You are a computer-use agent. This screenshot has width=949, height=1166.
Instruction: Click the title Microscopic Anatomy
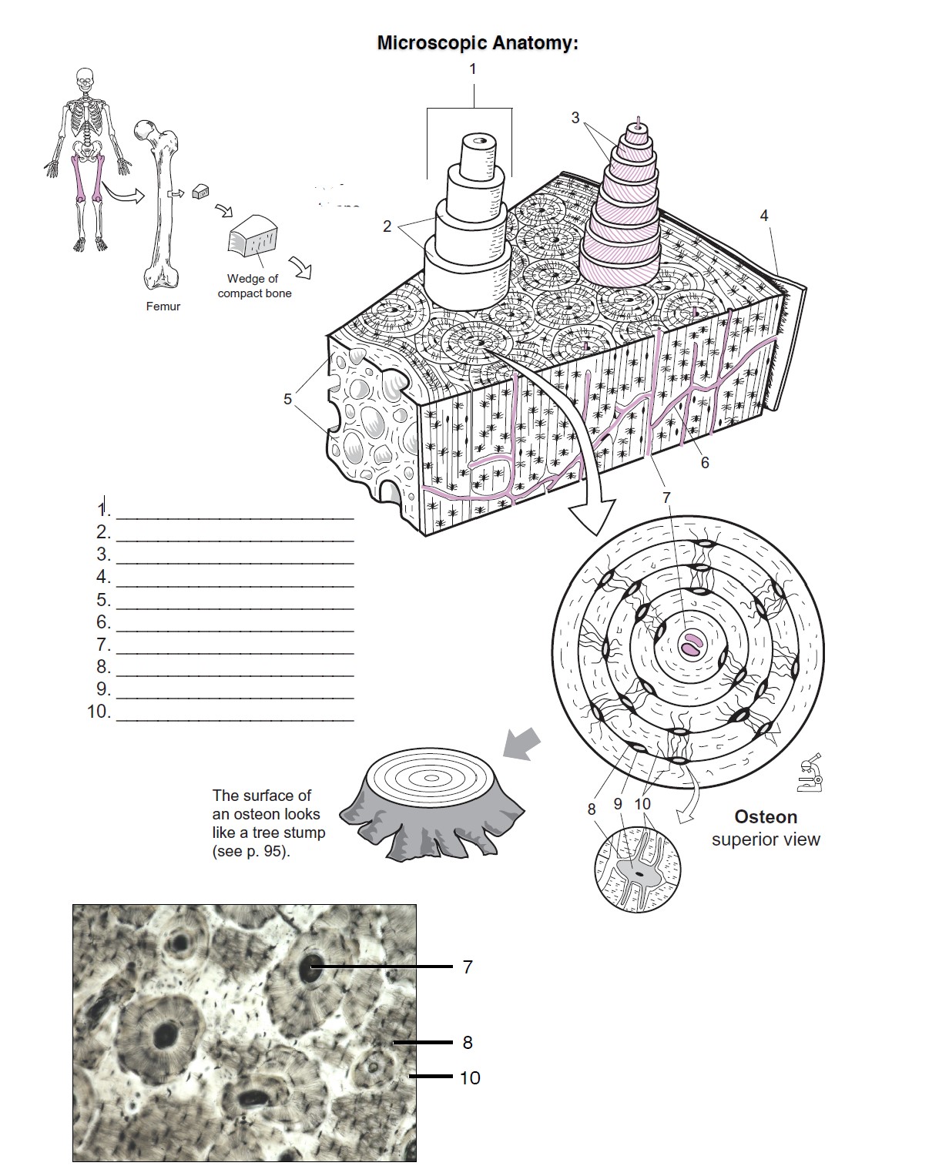(x=477, y=43)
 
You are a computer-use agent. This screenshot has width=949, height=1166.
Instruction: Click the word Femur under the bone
(x=163, y=307)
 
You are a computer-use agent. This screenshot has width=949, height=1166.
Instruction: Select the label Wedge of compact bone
(x=254, y=286)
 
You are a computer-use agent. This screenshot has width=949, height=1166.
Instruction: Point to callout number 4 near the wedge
(x=764, y=216)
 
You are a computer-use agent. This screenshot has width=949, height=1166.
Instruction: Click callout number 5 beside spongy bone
(x=287, y=399)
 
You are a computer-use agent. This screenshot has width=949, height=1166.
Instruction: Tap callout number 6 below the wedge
(x=704, y=463)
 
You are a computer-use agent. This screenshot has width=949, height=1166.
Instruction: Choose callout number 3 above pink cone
(x=575, y=118)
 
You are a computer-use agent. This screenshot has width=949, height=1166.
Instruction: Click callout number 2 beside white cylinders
(x=387, y=226)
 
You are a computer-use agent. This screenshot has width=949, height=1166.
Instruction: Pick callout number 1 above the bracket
(x=473, y=69)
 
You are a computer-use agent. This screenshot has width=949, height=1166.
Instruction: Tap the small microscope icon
(x=810, y=773)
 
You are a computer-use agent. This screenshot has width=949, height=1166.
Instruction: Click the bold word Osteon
(x=766, y=817)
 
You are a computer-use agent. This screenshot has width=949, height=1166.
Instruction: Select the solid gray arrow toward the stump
(x=521, y=745)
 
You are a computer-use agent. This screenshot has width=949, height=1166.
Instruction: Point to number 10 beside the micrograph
(x=470, y=1078)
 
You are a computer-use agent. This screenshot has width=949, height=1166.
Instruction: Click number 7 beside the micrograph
(x=468, y=967)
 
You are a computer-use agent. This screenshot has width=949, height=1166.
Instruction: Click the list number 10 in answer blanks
(x=99, y=712)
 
